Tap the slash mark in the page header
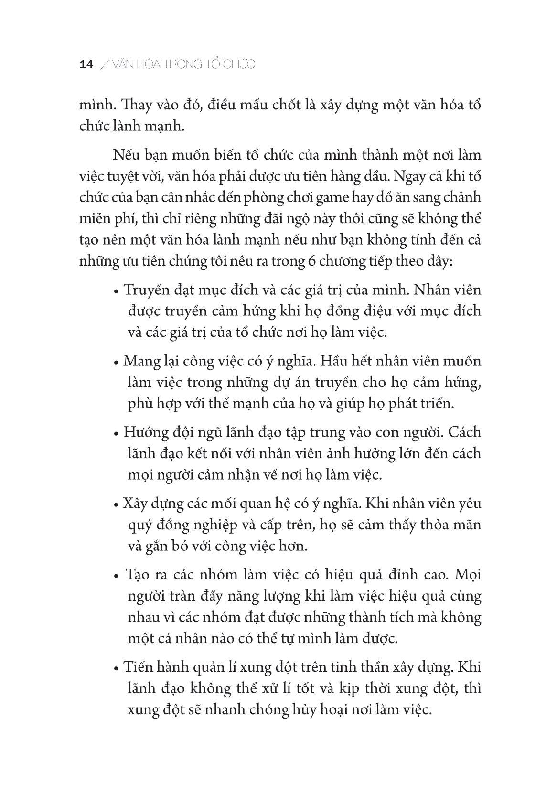coord(104,65)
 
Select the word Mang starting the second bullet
coord(139,362)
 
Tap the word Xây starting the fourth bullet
coord(133,504)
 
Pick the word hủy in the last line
coord(304,710)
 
